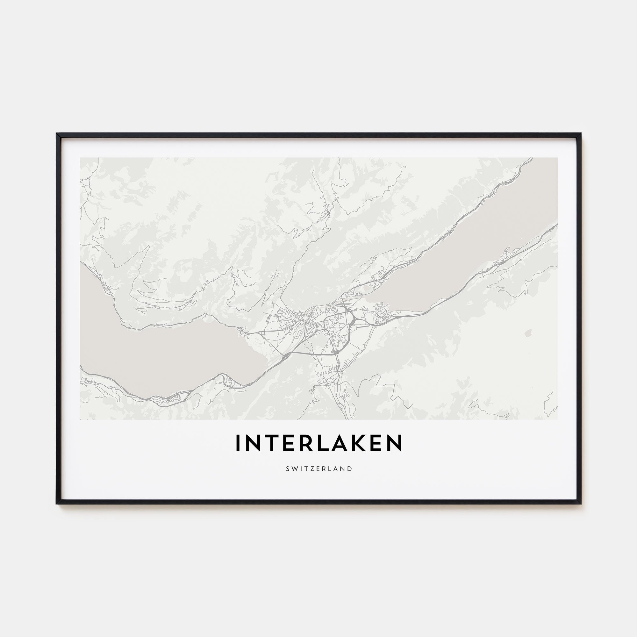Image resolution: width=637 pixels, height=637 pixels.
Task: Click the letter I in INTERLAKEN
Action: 237,443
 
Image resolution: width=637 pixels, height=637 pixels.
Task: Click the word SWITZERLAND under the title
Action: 319,469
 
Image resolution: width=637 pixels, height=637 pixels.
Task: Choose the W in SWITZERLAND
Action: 294,469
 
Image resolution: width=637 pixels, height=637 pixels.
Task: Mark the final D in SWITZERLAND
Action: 350,469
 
